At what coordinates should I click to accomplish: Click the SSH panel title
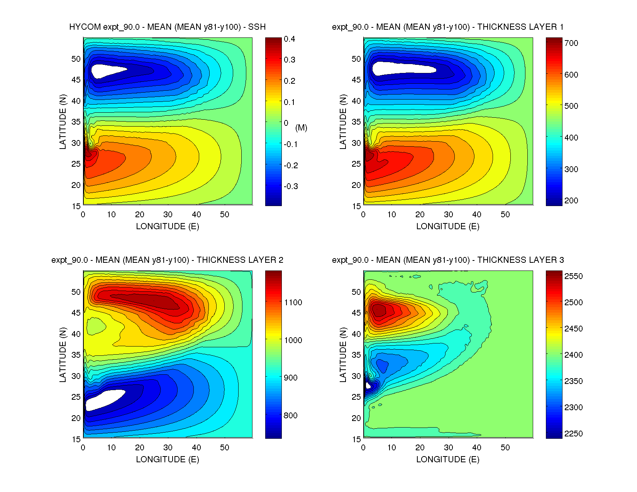click(167, 27)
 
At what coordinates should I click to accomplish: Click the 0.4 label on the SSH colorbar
click(290, 39)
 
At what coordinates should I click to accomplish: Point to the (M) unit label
click(301, 128)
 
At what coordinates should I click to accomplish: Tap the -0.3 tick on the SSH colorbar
click(291, 186)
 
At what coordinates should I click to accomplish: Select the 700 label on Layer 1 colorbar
click(571, 43)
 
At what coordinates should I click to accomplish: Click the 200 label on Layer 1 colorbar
click(571, 201)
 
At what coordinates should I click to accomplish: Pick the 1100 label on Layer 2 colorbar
click(293, 303)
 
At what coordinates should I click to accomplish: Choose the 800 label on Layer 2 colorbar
click(291, 416)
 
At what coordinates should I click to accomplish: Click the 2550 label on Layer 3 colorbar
click(573, 276)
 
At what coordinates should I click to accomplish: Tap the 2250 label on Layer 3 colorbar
click(573, 434)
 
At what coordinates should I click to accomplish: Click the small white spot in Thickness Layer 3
click(368, 385)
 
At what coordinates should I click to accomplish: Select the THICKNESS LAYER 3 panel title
click(448, 260)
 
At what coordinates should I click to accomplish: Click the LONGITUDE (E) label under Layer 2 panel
click(168, 459)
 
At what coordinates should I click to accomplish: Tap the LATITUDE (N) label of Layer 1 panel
click(343, 122)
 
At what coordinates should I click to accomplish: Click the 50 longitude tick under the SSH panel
click(225, 215)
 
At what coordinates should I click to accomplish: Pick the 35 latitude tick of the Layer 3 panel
click(356, 355)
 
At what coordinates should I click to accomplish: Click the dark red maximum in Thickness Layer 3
click(378, 309)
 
